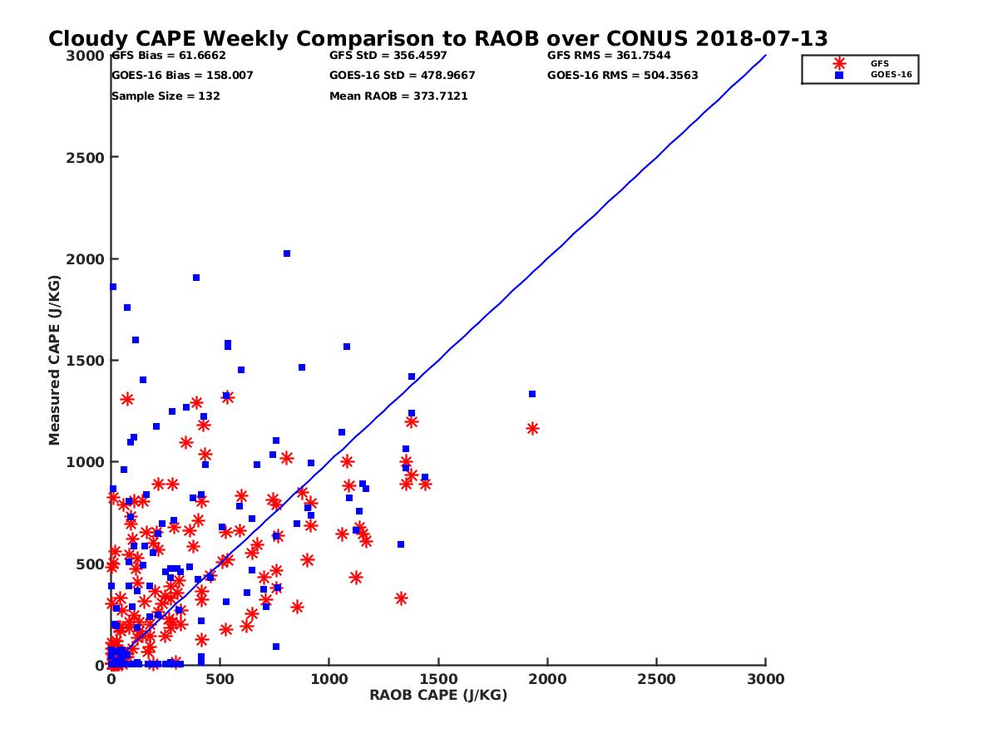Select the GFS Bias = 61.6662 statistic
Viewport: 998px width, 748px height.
169,56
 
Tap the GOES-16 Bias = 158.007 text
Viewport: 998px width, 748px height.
182,76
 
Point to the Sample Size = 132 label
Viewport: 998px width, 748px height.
166,96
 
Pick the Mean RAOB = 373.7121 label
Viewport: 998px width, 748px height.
398,96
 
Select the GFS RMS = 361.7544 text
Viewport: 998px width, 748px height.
609,56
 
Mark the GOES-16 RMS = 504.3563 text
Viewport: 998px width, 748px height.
622,76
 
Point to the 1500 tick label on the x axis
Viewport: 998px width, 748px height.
438,679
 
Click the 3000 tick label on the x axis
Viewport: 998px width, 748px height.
766,679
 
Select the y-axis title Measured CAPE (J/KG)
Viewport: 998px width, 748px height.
55,360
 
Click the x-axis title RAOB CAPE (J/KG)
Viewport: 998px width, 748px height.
438,696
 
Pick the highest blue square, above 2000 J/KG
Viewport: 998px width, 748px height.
287,253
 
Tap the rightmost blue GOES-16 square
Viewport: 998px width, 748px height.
532,394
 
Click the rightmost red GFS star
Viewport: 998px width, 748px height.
532,429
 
